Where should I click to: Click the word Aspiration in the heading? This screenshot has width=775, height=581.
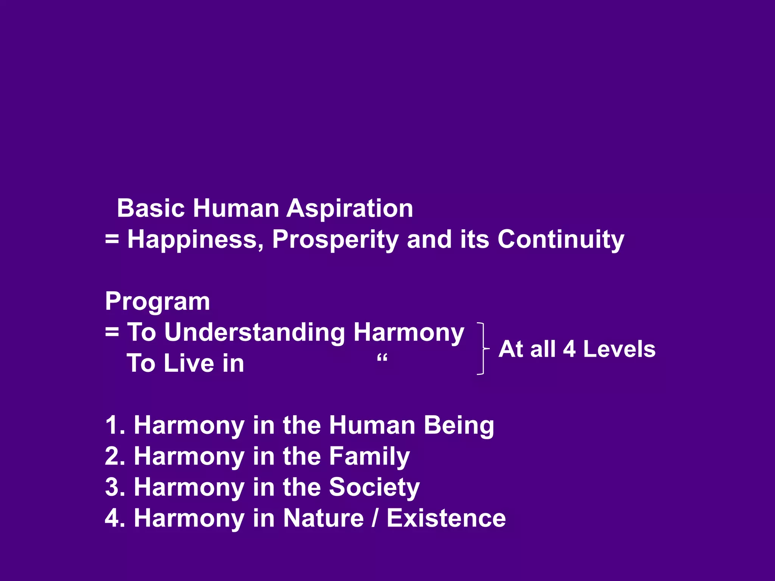point(349,208)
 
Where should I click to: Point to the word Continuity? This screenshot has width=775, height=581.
point(560,239)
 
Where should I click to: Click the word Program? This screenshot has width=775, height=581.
point(157,301)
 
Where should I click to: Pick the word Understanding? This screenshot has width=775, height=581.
point(255,332)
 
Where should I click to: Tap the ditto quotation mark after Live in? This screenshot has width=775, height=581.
point(382,357)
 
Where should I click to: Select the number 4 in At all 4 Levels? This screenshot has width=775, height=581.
point(569,349)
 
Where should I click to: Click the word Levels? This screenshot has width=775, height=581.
point(619,349)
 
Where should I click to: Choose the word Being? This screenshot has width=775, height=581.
point(459,426)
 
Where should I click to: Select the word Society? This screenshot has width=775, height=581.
point(374,488)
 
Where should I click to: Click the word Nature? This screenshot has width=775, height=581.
point(324,518)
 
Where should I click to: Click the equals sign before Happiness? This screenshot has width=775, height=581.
point(112,239)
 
